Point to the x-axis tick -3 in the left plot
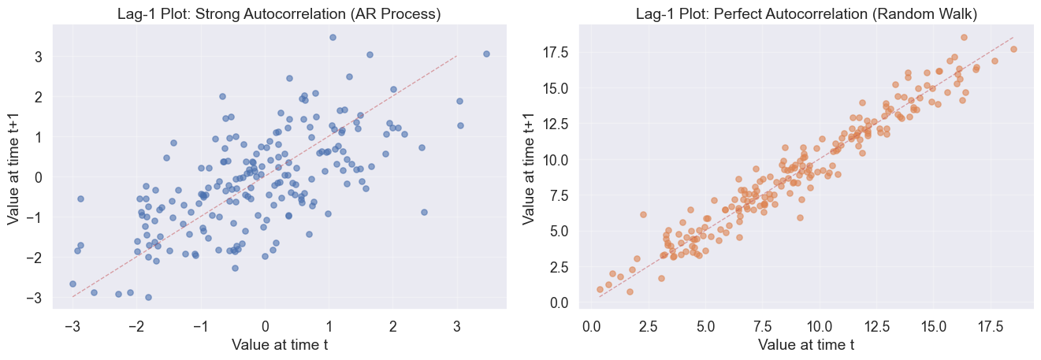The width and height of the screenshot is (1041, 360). point(72,325)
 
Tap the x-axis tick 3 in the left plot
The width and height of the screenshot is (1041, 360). point(457,325)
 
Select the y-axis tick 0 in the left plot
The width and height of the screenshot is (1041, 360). point(37,177)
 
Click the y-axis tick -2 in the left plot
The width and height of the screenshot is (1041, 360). point(34,258)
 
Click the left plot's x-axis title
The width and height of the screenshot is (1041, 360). point(279,344)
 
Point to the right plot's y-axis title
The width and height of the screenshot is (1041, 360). point(530,165)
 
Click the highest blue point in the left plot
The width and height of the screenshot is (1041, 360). point(333,37)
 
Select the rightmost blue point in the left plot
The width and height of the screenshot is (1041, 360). point(486,54)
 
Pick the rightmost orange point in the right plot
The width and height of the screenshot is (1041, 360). point(1013,49)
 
